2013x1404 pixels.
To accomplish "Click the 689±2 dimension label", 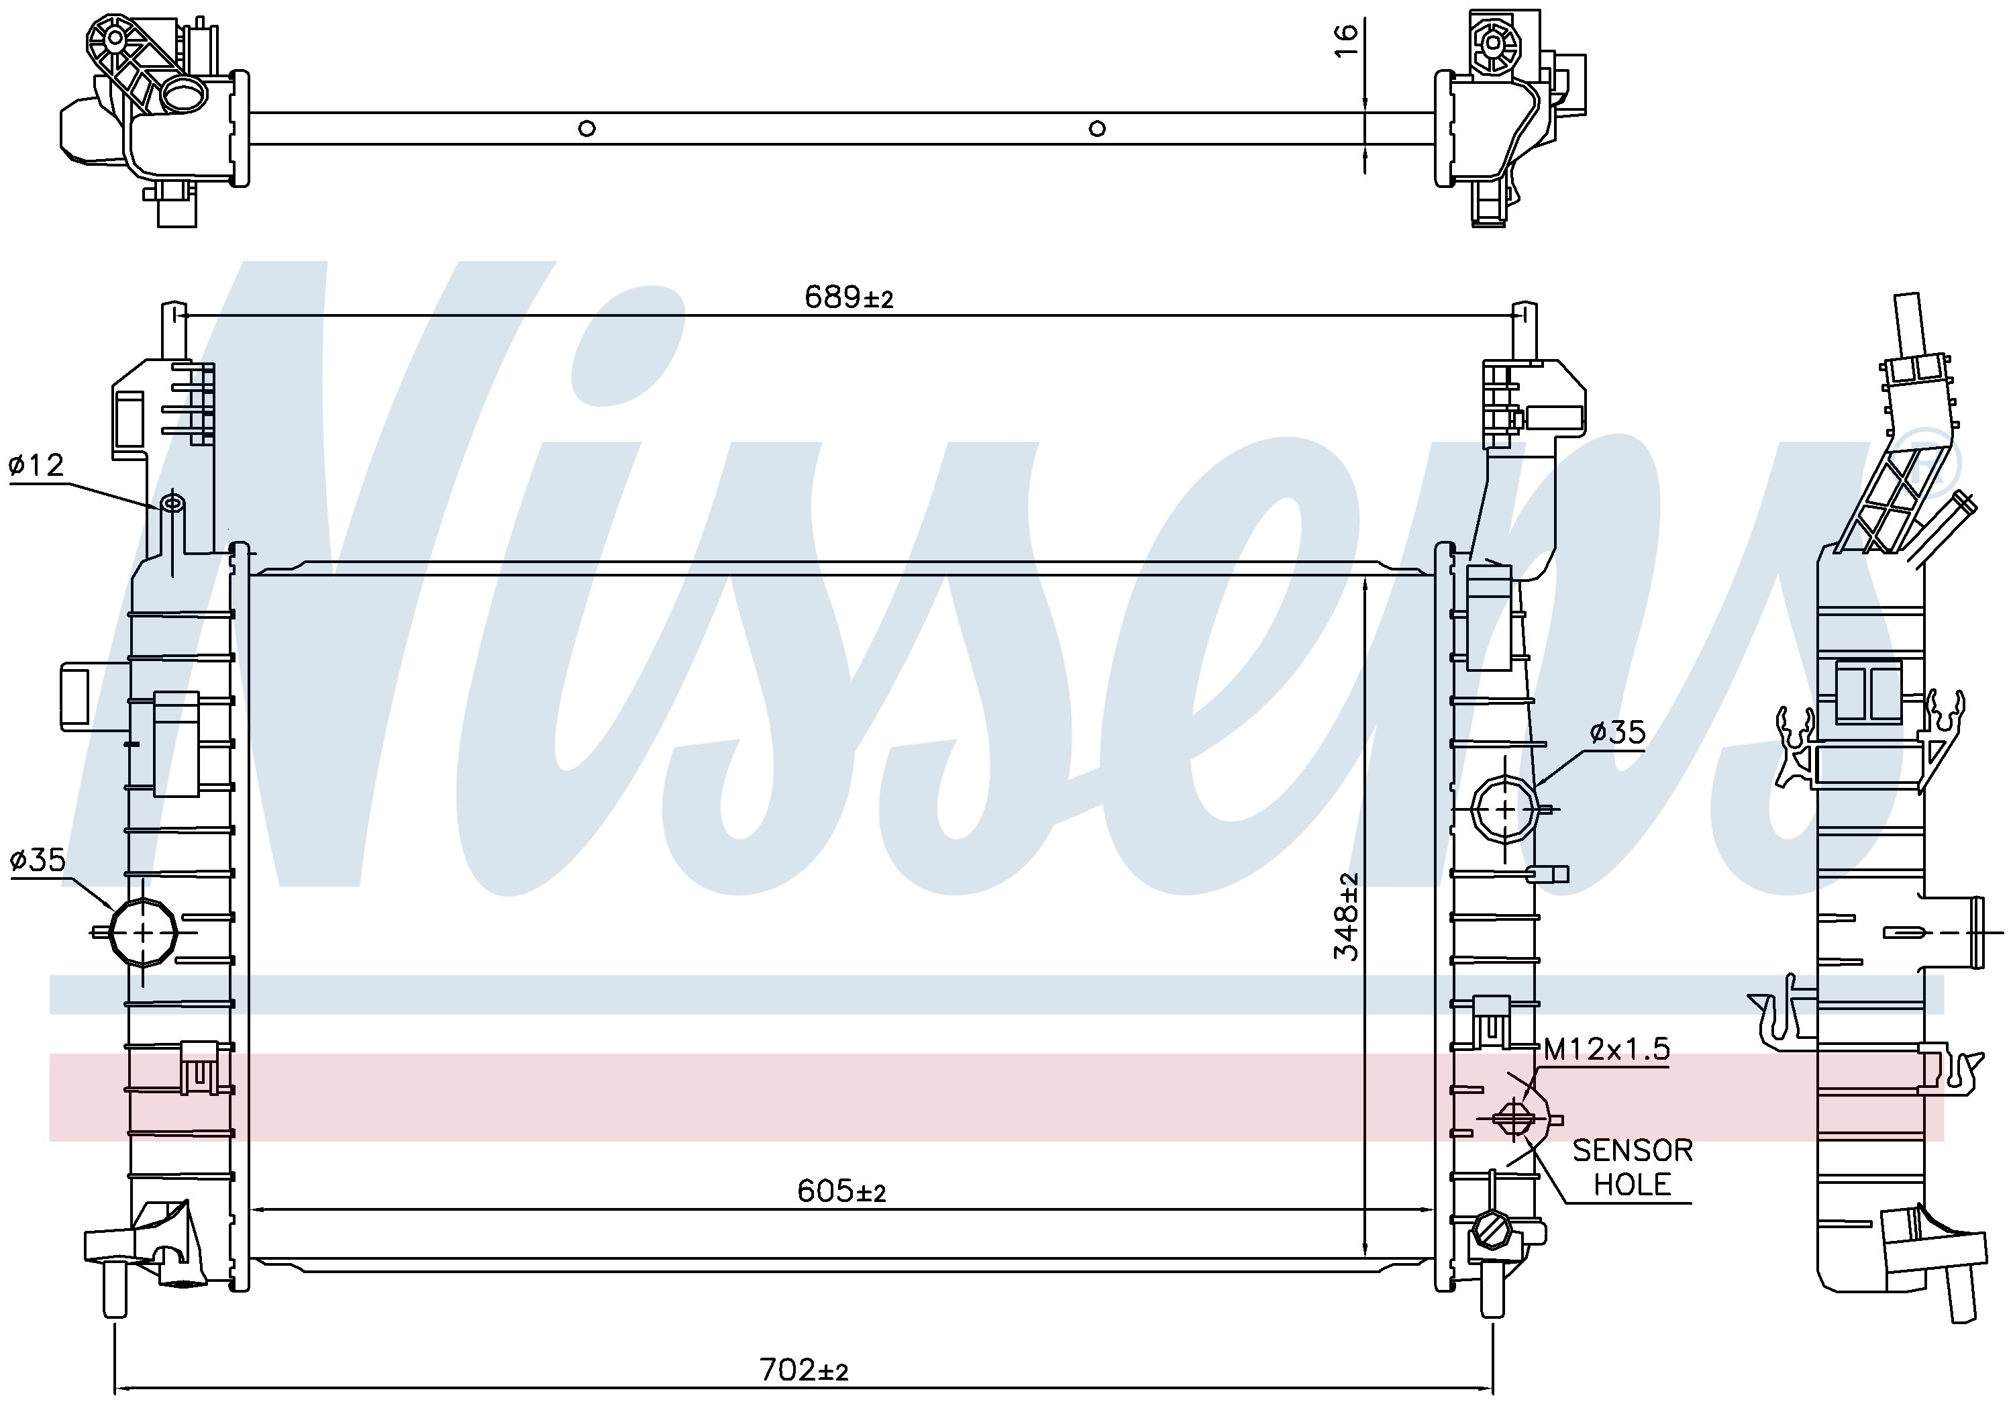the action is pyautogui.click(x=848, y=297).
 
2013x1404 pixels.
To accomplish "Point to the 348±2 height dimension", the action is pyautogui.click(x=1347, y=915).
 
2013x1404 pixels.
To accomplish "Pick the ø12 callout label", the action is pyautogui.click(x=36, y=465).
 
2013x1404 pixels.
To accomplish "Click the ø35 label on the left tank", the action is pyautogui.click(x=37, y=860).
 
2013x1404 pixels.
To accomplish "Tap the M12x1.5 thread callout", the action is pyautogui.click(x=1606, y=1049).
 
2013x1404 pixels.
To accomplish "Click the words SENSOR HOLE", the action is pyautogui.click(x=1632, y=1166).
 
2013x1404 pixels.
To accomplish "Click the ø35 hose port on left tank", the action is pyautogui.click(x=144, y=932).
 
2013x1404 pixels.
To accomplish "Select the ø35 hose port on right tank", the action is pyautogui.click(x=1504, y=809).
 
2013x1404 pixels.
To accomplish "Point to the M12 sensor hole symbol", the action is pyautogui.click(x=1514, y=1118).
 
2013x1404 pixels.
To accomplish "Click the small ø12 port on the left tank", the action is pyautogui.click(x=172, y=503).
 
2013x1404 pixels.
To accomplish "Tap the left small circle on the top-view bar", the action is pyautogui.click(x=587, y=129).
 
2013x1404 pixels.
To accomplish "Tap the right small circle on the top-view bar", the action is pyautogui.click(x=1097, y=129).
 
